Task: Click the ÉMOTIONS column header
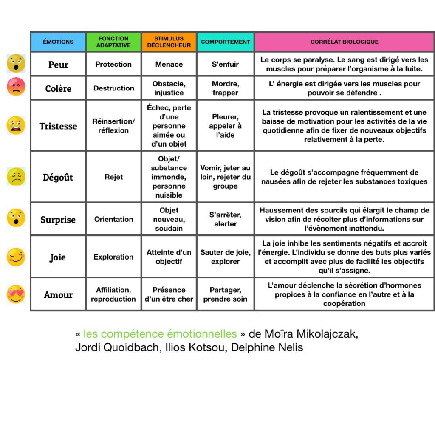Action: (x=58, y=42)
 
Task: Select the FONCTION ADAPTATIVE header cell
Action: (x=113, y=42)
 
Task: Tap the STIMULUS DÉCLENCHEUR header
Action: (x=169, y=42)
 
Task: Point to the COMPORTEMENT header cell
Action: (x=225, y=42)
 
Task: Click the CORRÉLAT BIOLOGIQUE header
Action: (x=344, y=42)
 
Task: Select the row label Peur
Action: (x=58, y=65)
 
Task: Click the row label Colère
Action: (x=58, y=88)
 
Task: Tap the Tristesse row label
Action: (x=58, y=126)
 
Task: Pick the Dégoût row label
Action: (x=58, y=177)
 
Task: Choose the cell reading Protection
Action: (x=113, y=64)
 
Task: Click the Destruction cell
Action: (x=113, y=88)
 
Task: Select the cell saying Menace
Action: (x=169, y=64)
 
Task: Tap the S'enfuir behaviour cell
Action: (x=225, y=64)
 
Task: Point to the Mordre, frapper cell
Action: (x=225, y=88)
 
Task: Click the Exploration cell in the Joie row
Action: (x=113, y=257)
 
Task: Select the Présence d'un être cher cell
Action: (x=169, y=294)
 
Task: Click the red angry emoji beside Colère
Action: (x=16, y=87)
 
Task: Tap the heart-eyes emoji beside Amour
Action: (x=16, y=294)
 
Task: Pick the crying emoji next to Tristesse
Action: (x=16, y=125)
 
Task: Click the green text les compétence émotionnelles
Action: (x=160, y=334)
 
